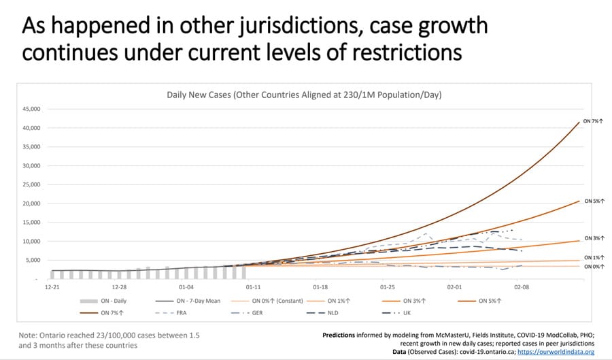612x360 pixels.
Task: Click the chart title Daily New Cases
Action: pyautogui.click(x=304, y=95)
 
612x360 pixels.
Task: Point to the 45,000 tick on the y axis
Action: pyautogui.click(x=31, y=109)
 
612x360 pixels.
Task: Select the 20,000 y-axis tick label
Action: pyautogui.click(x=31, y=203)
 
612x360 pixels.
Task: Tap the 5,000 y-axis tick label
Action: pyautogui.click(x=33, y=261)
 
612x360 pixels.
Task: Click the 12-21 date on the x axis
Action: pyautogui.click(x=52, y=288)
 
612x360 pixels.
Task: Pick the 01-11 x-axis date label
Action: pyautogui.click(x=253, y=288)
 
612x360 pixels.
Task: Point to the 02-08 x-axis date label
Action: pyautogui.click(x=522, y=288)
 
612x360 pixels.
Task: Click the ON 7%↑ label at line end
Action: pyautogui.click(x=593, y=120)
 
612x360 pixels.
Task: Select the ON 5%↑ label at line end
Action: pyautogui.click(x=593, y=201)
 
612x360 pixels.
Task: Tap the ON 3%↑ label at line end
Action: pyautogui.click(x=593, y=239)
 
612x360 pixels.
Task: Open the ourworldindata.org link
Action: pyautogui.click(x=556, y=352)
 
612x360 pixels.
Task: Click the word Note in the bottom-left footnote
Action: pyautogui.click(x=28, y=336)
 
